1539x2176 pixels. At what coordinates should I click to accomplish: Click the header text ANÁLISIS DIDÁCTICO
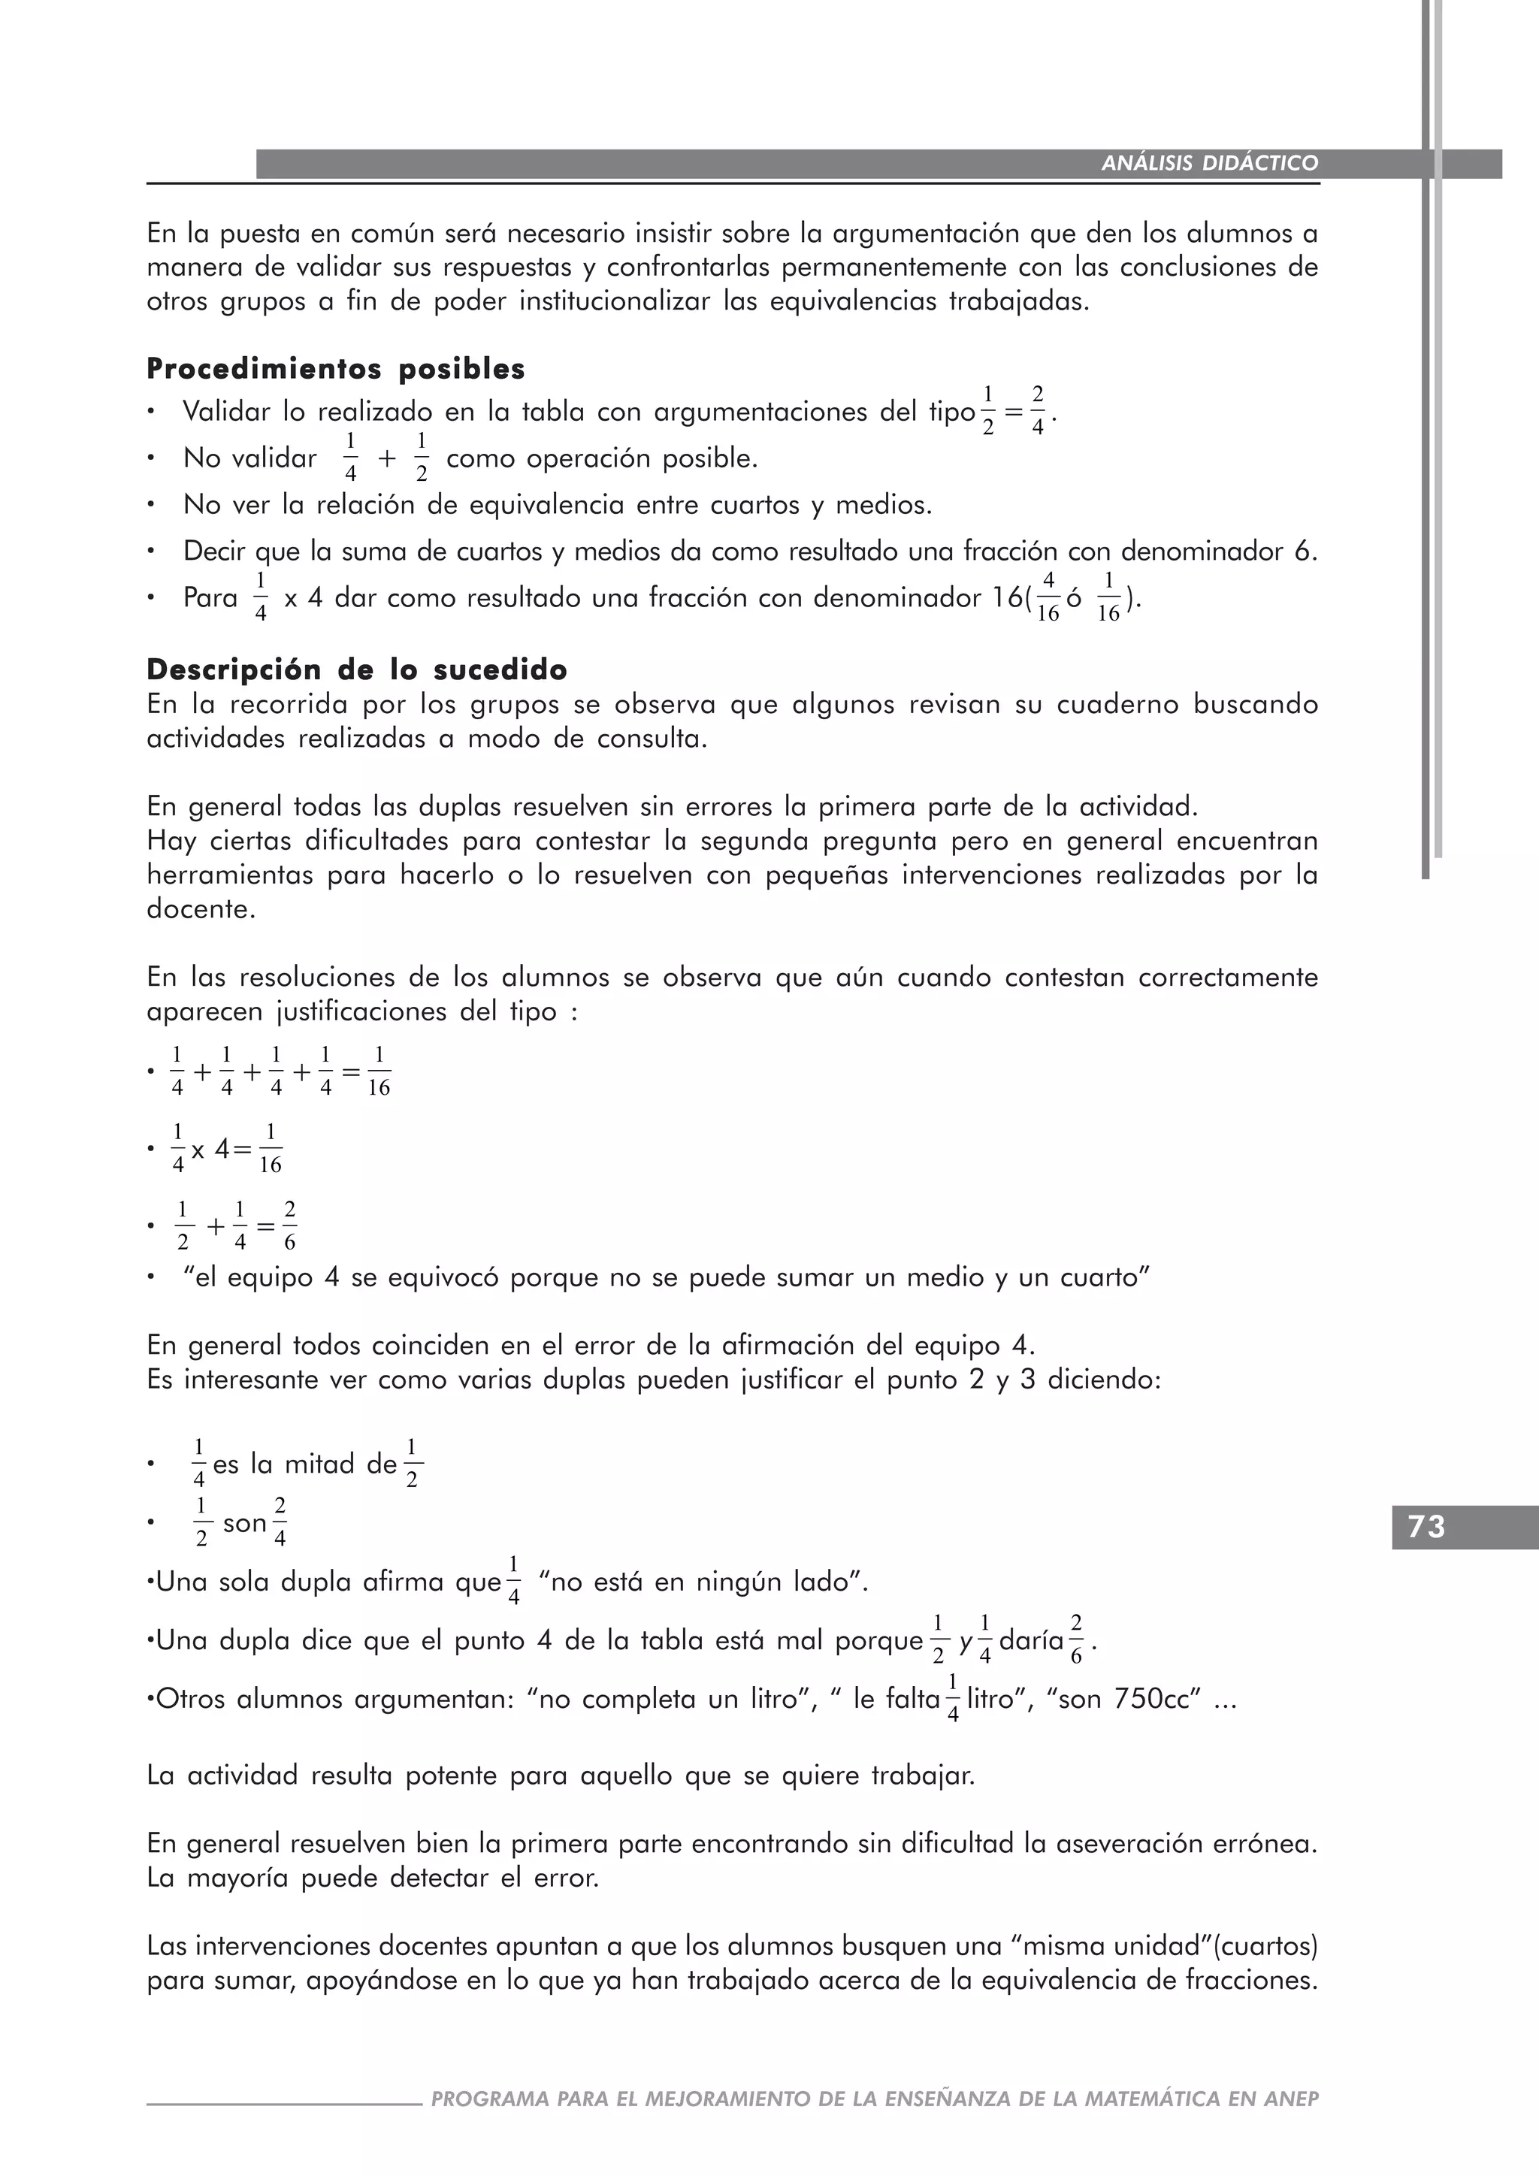click(x=1209, y=163)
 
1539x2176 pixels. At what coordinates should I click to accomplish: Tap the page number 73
click(x=1426, y=1527)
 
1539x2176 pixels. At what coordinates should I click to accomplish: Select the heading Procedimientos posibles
click(x=335, y=369)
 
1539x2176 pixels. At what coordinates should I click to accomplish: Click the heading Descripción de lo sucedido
click(x=356, y=670)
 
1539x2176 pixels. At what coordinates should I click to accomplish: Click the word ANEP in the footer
click(x=1291, y=2099)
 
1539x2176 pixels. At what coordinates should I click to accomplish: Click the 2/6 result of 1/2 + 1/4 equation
click(x=290, y=1226)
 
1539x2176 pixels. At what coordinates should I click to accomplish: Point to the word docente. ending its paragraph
click(x=201, y=909)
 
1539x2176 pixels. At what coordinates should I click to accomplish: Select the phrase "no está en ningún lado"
click(x=702, y=1582)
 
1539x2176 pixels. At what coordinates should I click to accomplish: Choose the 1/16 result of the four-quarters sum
click(x=378, y=1072)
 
